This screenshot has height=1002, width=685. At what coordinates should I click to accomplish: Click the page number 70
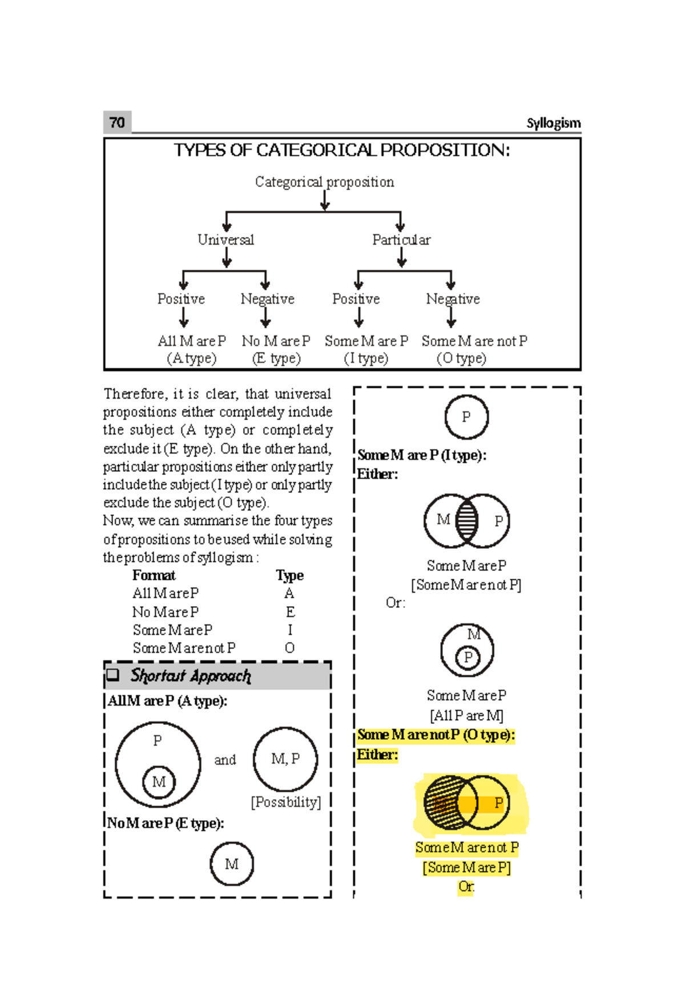(117, 123)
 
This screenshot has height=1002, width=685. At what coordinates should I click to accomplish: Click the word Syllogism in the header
(553, 123)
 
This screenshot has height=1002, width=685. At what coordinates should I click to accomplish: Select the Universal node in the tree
(225, 240)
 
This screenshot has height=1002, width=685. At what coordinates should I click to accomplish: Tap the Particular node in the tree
(401, 240)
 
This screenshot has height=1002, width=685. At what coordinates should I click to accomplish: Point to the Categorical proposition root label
(324, 182)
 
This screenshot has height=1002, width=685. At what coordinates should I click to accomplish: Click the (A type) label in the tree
(191, 358)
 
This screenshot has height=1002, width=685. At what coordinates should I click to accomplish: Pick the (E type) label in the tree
(276, 358)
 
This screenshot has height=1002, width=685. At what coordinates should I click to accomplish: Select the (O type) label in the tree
(461, 358)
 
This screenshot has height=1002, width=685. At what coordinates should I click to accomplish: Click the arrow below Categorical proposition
(325, 201)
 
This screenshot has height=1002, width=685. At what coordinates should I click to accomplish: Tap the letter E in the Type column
(290, 612)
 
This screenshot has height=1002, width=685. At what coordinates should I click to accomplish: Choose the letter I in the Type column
(290, 630)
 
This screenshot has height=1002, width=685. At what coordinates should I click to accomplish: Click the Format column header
(154, 575)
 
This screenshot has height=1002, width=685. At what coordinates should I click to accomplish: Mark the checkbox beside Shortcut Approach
(113, 675)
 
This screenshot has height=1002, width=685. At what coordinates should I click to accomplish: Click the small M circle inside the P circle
(159, 781)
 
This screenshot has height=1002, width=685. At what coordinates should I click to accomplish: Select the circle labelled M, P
(285, 759)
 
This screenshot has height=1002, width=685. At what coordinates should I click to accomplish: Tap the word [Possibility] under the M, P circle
(286, 802)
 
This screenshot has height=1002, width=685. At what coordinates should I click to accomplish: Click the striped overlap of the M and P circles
(467, 520)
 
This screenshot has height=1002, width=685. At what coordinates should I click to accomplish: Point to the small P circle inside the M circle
(468, 658)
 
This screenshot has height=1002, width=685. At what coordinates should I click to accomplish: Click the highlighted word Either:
(377, 755)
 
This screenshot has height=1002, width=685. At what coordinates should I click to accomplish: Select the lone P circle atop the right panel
(466, 417)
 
